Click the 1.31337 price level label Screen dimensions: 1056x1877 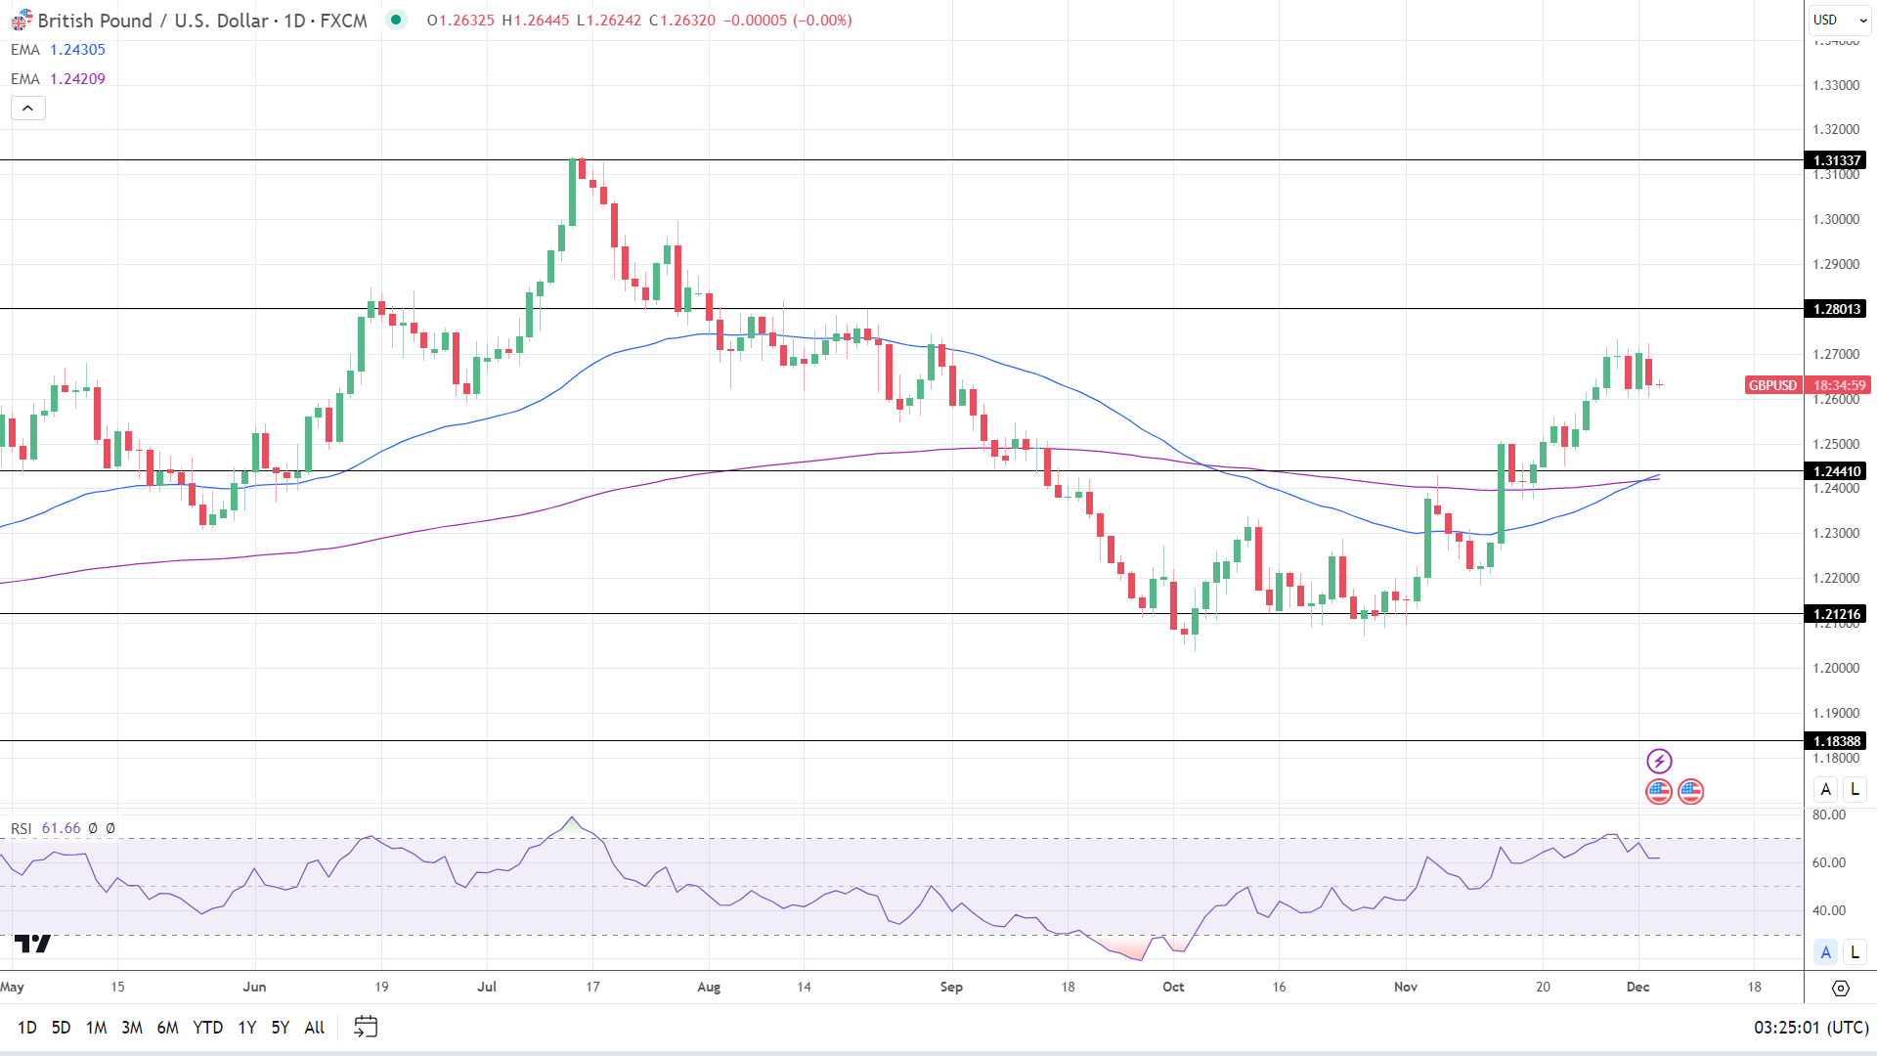pos(1837,160)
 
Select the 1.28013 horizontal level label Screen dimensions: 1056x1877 pos(1837,309)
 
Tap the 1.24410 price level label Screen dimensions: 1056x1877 pos(1837,471)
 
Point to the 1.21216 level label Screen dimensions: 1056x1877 pos(1837,614)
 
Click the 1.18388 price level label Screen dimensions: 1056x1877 pos(1837,741)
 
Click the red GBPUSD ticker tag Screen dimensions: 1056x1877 pos(1772,385)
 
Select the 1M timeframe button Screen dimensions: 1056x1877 pos(96,1027)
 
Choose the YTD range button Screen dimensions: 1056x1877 pos(207,1027)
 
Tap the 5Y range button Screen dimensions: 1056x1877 pos(280,1027)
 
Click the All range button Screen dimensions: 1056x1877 pos(314,1027)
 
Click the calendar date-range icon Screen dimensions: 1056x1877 pos(366,1027)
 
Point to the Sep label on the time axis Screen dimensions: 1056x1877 pos(951,987)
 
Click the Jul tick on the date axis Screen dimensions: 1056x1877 pos(487,987)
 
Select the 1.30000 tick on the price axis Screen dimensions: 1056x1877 pos(1836,219)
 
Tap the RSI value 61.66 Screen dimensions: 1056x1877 pos(62,828)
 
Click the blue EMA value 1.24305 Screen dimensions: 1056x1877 pos(77,50)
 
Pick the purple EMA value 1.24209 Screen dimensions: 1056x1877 pos(77,79)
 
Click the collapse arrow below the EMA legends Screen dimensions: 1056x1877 pos(28,108)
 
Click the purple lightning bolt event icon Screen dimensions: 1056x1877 pos(1659,761)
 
